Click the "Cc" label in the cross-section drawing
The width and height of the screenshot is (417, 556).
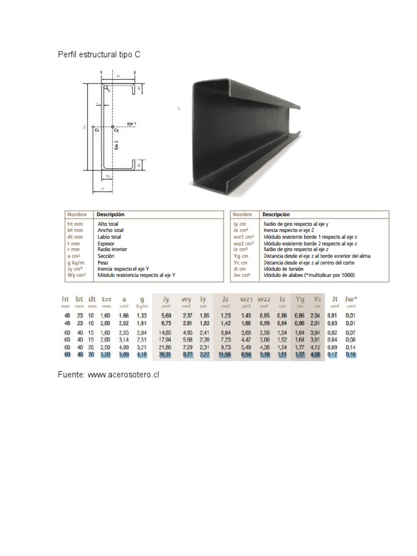tap(97, 130)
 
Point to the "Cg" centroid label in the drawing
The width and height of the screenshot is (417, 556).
tap(116, 130)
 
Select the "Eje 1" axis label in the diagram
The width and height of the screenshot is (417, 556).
tap(131, 124)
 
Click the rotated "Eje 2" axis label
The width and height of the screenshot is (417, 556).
tap(116, 146)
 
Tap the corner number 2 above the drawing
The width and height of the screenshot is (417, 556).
tap(134, 72)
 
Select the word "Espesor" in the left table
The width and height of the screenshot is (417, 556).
tap(106, 243)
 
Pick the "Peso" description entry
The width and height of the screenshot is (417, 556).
tap(103, 262)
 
